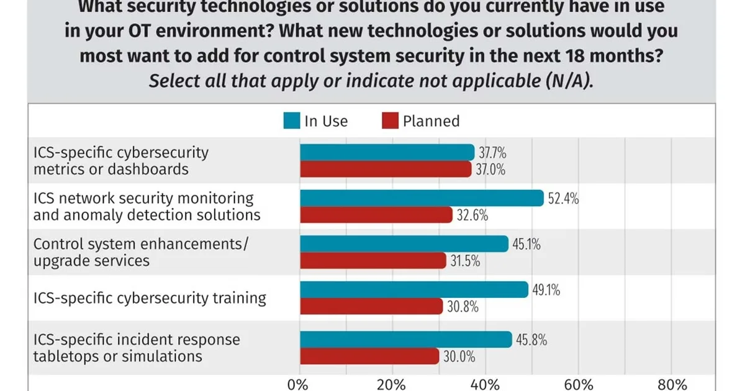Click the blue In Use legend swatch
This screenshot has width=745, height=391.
click(x=291, y=120)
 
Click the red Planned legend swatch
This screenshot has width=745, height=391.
click(x=389, y=120)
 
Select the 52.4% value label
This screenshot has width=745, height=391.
click(x=563, y=199)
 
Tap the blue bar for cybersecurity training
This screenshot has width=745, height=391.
click(x=414, y=290)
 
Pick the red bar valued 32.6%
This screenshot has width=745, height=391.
click(x=376, y=215)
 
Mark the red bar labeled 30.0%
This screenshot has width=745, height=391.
click(x=369, y=356)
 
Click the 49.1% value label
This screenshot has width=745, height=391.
click(x=546, y=290)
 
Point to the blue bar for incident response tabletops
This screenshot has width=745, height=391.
click(x=406, y=339)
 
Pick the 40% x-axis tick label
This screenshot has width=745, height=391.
click(x=485, y=384)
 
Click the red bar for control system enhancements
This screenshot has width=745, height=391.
click(x=372, y=261)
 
